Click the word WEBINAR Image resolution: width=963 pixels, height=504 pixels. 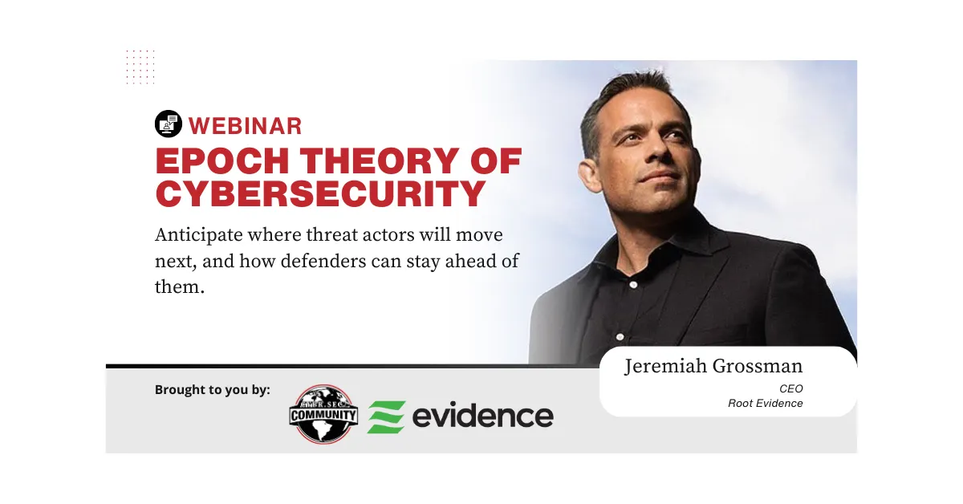tap(245, 125)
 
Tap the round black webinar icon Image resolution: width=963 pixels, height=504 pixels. tap(168, 124)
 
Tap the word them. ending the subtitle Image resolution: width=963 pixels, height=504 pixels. tap(180, 287)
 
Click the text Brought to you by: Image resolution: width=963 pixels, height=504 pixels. tap(212, 390)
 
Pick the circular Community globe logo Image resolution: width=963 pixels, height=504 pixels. tap(323, 413)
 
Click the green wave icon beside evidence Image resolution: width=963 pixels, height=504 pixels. tap(386, 417)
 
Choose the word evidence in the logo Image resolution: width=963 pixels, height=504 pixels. tap(482, 416)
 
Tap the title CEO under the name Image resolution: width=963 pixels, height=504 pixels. tap(790, 388)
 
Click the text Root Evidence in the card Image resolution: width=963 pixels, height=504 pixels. tap(765, 404)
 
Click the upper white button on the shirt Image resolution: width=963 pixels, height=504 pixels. tap(633, 284)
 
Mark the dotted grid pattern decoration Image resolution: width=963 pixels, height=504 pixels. tap(140, 66)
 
